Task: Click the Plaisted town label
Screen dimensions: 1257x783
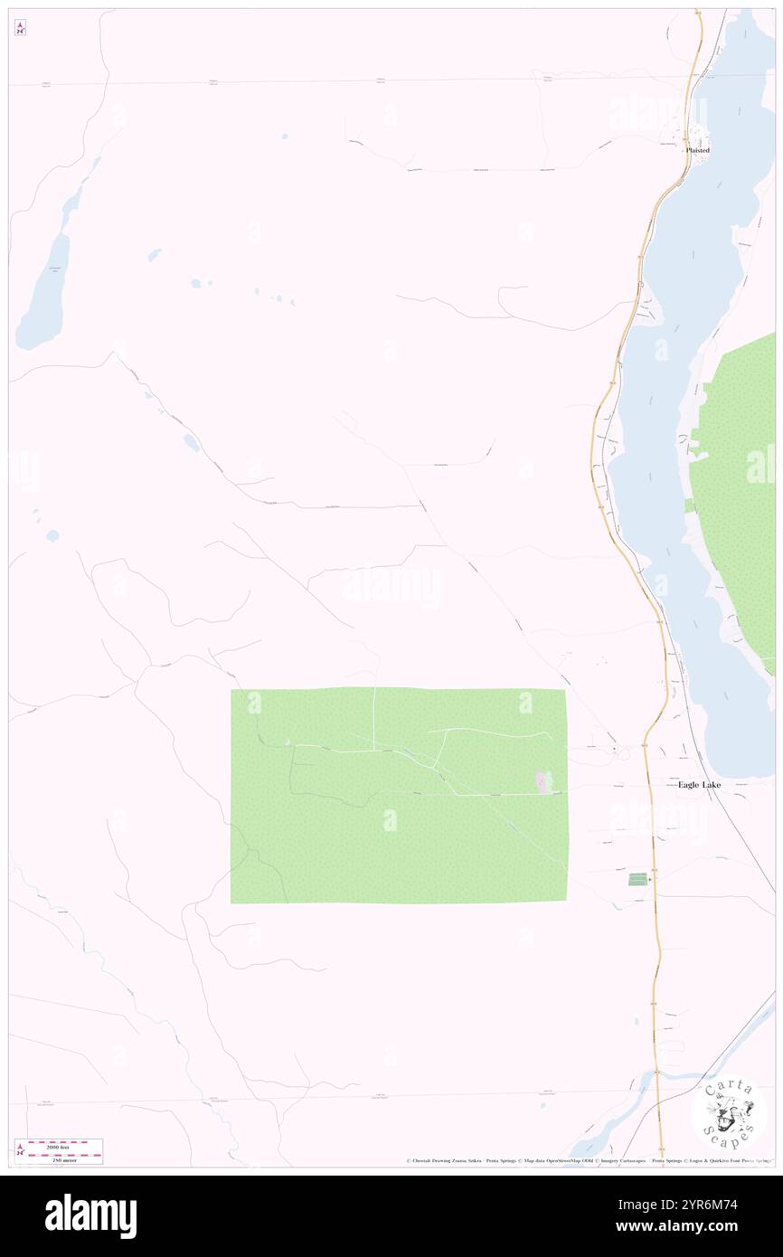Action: pos(697,150)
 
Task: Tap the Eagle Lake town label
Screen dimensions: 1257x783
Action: pos(699,785)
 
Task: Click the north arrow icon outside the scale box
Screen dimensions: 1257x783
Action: pos(20,28)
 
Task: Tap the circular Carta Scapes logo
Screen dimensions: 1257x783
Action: pos(729,1113)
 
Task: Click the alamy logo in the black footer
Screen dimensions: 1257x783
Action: pos(90,1216)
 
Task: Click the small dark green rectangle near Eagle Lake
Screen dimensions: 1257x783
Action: pos(637,879)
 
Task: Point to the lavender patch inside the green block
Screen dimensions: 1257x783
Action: pos(543,783)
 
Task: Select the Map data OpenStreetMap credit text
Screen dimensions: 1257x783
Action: pos(551,1160)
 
